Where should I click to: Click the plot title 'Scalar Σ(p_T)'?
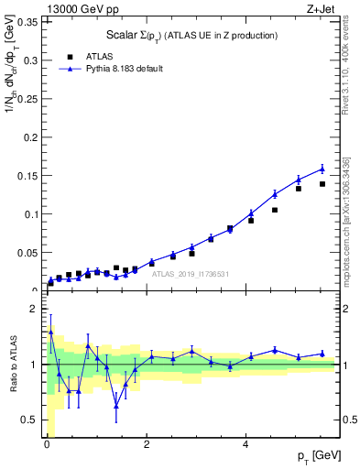tap(191, 36)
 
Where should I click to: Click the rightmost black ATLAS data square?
tap(322, 184)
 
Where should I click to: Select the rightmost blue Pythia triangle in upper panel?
tap(322, 169)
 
